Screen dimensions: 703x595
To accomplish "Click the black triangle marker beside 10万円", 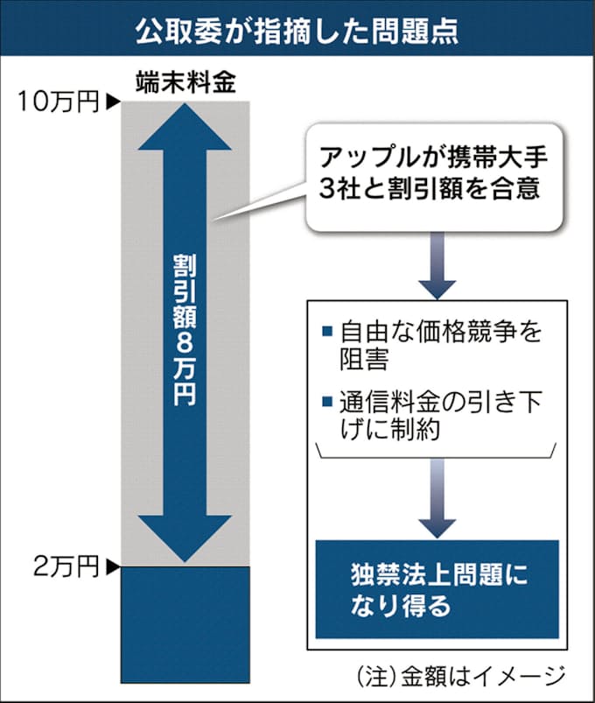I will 112,103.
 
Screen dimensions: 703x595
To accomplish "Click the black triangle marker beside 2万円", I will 112,567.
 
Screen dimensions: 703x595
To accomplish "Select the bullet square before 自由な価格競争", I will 326,332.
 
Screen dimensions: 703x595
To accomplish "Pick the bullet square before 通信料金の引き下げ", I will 326,404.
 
